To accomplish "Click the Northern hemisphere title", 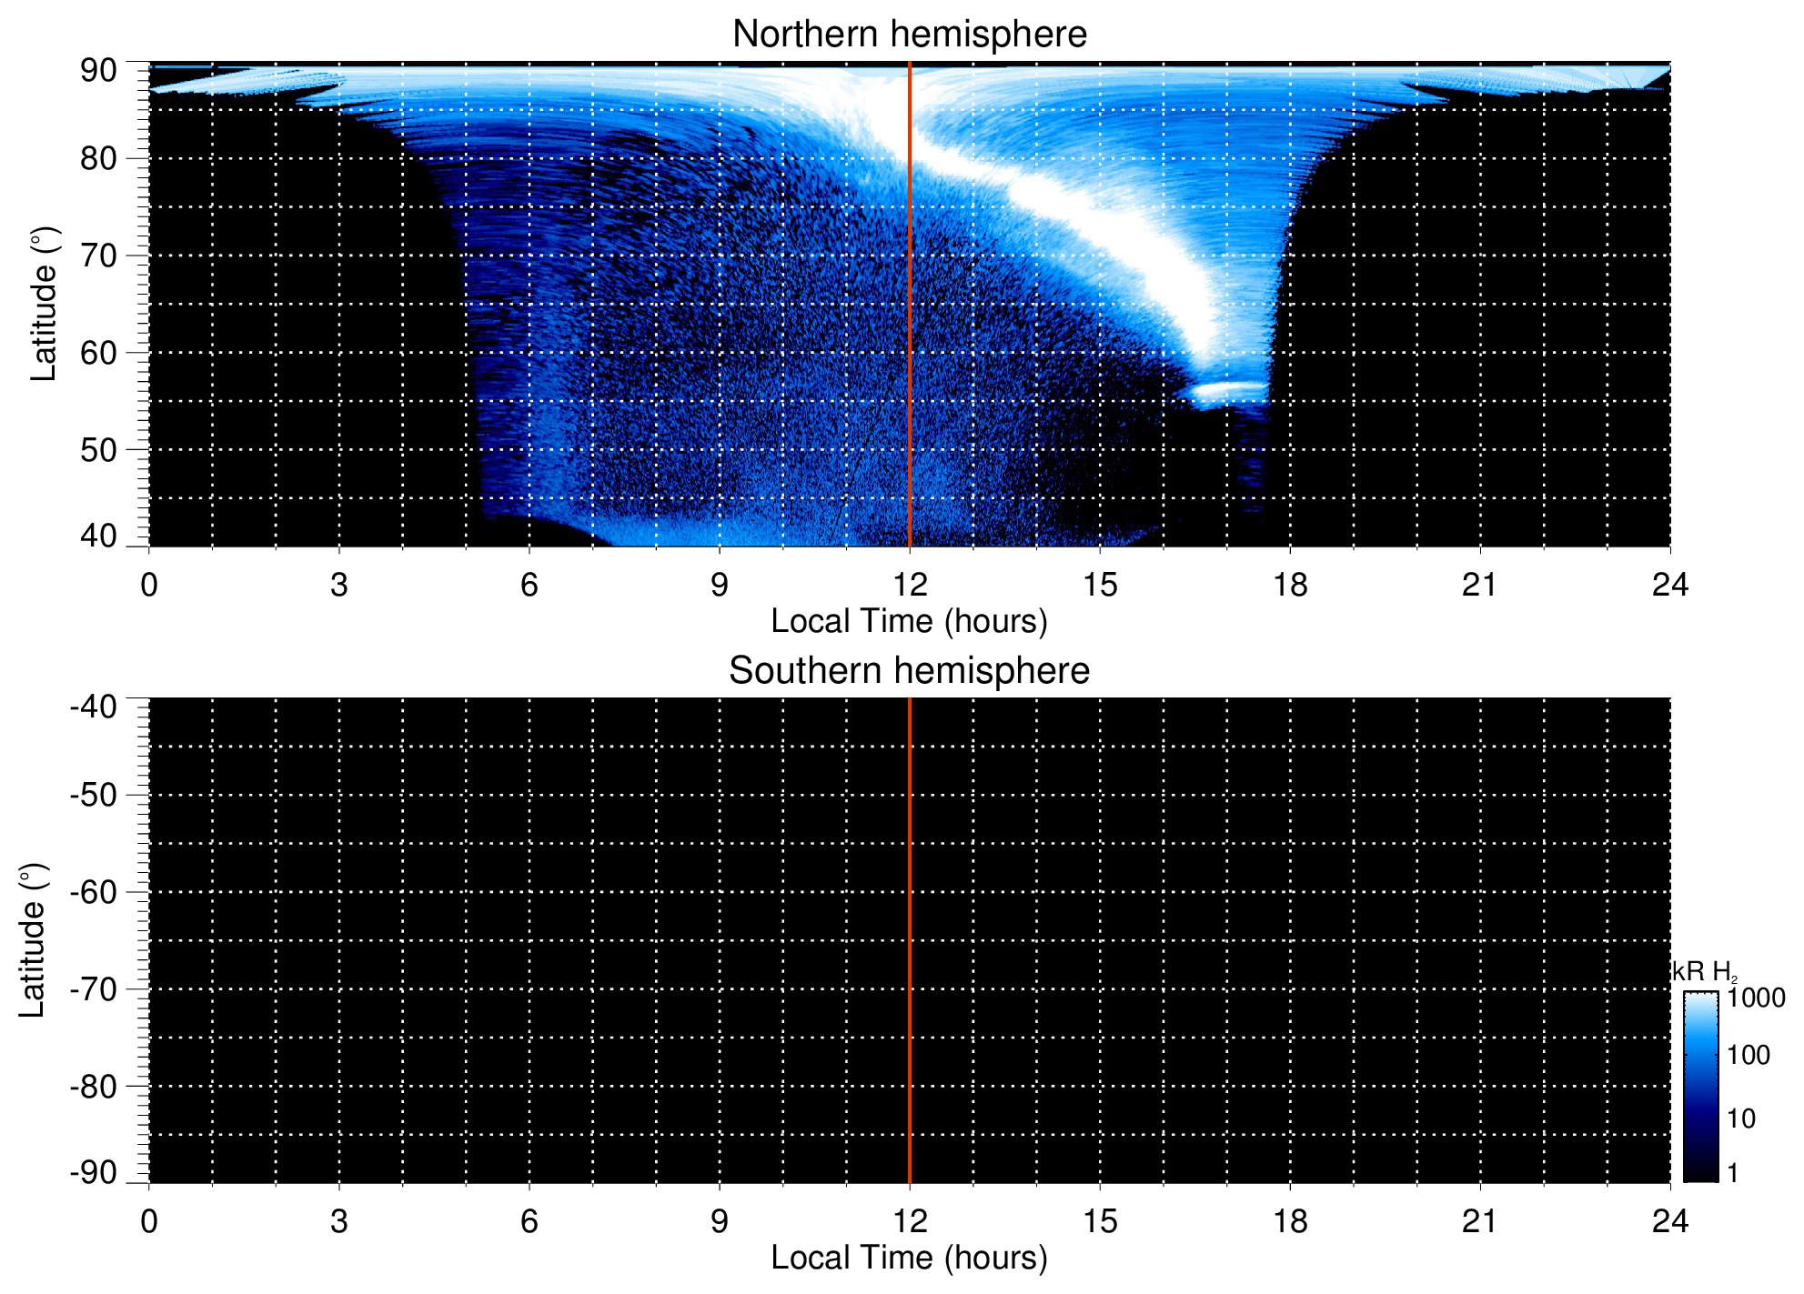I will click(x=909, y=35).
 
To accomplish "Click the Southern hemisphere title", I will click(x=909, y=671).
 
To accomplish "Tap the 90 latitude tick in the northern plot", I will click(x=98, y=70).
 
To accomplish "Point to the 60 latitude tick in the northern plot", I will click(x=98, y=353).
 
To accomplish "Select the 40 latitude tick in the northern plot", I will click(x=98, y=537).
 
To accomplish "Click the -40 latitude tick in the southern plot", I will click(x=94, y=707).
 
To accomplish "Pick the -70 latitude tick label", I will click(x=94, y=989).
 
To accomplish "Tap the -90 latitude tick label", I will click(x=94, y=1173).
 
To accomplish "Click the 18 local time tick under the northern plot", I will click(x=1289, y=585).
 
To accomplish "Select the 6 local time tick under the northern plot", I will click(x=529, y=585).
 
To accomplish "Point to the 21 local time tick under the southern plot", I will click(x=1479, y=1221).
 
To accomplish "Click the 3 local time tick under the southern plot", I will click(x=339, y=1221).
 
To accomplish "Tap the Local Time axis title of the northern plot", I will click(x=909, y=621).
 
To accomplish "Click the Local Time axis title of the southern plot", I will click(x=909, y=1258).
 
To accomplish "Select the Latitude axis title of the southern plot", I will click(x=33, y=940).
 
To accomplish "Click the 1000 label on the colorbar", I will click(x=1756, y=998).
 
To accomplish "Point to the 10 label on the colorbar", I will click(x=1741, y=1118).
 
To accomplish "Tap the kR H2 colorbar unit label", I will click(x=1705, y=972).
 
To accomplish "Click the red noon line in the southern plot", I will click(x=910, y=940).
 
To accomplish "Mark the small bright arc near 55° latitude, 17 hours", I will click(x=1228, y=392).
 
